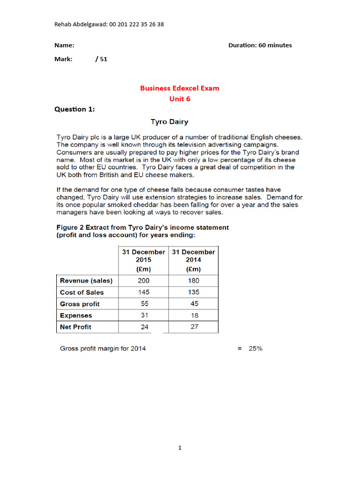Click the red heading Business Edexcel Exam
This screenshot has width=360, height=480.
180,88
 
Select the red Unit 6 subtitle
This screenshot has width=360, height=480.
180,99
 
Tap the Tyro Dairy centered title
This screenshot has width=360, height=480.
169,122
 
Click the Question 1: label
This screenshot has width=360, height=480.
75,109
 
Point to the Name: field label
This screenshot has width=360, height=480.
64,45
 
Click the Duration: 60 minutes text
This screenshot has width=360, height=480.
260,45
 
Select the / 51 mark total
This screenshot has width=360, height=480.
101,59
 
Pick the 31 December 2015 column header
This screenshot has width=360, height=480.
143,260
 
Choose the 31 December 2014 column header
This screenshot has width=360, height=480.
193,260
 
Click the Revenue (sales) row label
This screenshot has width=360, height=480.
86,281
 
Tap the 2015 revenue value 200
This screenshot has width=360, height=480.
144,281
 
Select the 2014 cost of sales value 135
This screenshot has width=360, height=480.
193,292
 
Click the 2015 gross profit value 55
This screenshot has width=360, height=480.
144,304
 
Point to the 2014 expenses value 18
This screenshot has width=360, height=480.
193,315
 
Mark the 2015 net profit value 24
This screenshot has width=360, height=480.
144,327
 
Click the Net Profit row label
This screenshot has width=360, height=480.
75,327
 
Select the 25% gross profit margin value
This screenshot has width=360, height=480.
255,348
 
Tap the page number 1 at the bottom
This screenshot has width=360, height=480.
180,448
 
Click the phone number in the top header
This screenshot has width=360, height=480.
136,24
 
